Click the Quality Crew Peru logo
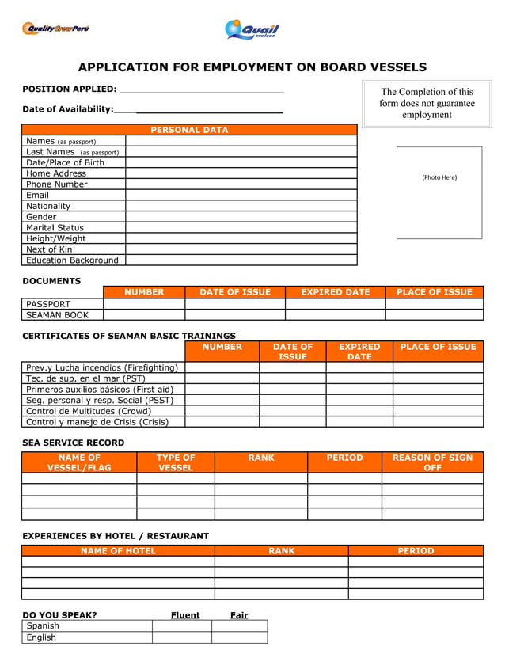pyautogui.click(x=55, y=29)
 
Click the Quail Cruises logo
pyautogui.click(x=252, y=30)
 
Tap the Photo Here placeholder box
pyautogui.click(x=439, y=192)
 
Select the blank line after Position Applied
pyautogui.click(x=201, y=89)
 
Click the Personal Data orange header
pyautogui.click(x=189, y=130)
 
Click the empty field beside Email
pyautogui.click(x=241, y=195)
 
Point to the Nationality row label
pyautogui.click(x=48, y=206)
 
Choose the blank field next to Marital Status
pyautogui.click(x=241, y=227)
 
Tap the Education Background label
pyautogui.click(x=72, y=260)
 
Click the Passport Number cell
pyautogui.click(x=144, y=303)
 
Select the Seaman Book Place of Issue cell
pyautogui.click(x=434, y=314)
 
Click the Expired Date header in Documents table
pyautogui.click(x=335, y=292)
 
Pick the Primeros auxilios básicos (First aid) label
pyautogui.click(x=100, y=389)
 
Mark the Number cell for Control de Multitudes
pyautogui.click(x=222, y=411)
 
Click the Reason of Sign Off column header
pyautogui.click(x=432, y=462)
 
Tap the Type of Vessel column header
pyautogui.click(x=175, y=462)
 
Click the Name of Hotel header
pyautogui.click(x=118, y=550)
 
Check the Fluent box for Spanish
pyautogui.click(x=181, y=625)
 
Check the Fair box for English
pyautogui.click(x=239, y=637)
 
